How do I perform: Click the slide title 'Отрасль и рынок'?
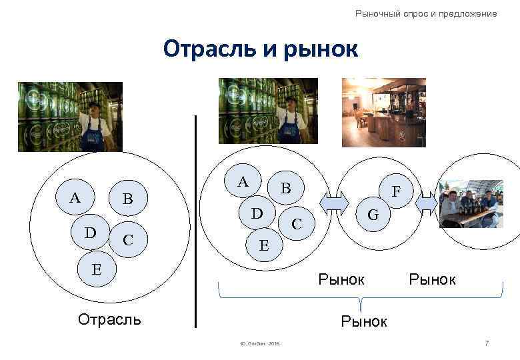coord(260,49)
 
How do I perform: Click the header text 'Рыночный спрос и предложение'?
coord(426,13)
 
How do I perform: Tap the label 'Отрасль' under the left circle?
coord(109,319)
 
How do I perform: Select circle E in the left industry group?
coord(97,269)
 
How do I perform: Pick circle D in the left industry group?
coord(91,233)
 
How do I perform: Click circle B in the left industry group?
coord(128,199)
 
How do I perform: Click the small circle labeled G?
coord(373,215)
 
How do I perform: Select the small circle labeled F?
coord(396,192)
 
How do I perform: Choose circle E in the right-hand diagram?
coord(264,245)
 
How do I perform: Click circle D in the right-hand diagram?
coord(256,214)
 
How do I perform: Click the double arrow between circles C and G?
coord(335,201)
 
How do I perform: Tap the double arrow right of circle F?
coord(427,201)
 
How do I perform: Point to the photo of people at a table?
coord(470,203)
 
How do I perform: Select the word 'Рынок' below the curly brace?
coord(364,321)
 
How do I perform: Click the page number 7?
coord(487,343)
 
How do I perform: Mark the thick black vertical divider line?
coord(196,220)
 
